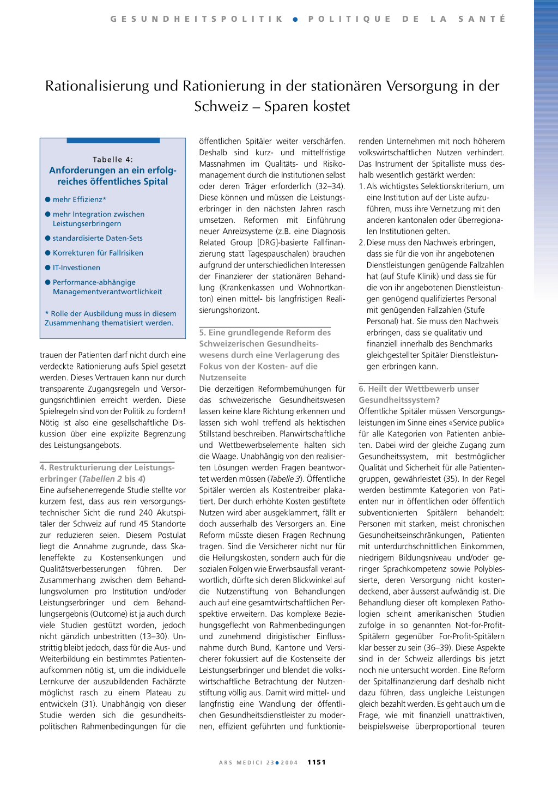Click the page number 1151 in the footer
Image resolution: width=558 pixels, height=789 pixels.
coord(316,762)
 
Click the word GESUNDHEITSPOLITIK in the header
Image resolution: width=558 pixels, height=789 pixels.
coord(197,19)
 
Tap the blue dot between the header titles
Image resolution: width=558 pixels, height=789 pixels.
coord(295,19)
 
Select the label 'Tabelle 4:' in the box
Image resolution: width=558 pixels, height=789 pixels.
coord(113,160)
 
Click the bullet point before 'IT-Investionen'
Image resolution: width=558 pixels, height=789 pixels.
coord(48,268)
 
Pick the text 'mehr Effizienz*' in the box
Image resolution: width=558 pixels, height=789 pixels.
coord(80,199)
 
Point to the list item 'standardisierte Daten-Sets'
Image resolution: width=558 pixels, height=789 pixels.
coord(98,238)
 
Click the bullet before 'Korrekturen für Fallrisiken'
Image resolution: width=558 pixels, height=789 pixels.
coord(48,253)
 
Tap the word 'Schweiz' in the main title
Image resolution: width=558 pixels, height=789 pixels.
coord(221,106)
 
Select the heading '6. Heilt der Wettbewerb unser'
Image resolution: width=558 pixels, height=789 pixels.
coord(418,389)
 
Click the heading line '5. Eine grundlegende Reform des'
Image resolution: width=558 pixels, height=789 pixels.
coord(265,332)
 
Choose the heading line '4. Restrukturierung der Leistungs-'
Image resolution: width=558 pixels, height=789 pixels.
coord(107,468)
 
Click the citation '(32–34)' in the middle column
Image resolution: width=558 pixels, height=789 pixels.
coord(330,186)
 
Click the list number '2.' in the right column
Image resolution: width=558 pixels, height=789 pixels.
coord(362,242)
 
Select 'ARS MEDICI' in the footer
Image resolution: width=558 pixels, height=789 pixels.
coord(241,763)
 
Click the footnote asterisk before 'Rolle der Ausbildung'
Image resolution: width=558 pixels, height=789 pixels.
coord(47,314)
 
